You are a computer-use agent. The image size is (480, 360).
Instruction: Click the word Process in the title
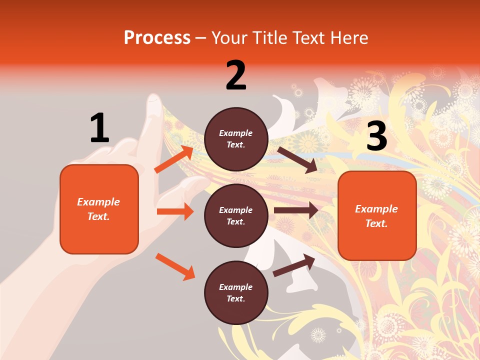point(157,38)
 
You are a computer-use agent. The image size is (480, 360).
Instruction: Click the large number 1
point(99,128)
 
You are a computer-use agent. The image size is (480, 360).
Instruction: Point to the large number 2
point(236,75)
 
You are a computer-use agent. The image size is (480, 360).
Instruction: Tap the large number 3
point(376,136)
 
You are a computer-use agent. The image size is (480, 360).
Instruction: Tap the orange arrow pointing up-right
point(174,159)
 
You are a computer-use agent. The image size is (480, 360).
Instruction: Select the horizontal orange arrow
point(175,211)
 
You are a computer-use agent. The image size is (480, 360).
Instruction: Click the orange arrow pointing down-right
point(175,266)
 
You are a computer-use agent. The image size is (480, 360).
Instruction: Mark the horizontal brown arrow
point(295,210)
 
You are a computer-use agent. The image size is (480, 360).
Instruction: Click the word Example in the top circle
point(236,133)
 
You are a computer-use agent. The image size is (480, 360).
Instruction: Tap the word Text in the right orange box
point(376,223)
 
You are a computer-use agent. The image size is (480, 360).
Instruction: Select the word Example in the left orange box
point(98,202)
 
